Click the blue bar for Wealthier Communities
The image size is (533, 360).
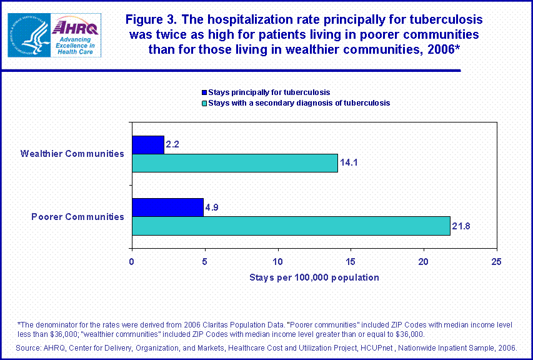147,145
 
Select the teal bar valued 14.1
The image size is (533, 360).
234,163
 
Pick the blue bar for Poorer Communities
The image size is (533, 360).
167,207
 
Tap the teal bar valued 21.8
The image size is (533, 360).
291,226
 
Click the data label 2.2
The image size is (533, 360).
173,145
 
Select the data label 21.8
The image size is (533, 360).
462,226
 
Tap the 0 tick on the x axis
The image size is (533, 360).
132,261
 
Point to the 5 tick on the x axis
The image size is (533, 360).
205,261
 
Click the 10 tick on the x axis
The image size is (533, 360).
277,261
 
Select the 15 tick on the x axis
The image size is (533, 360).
351,261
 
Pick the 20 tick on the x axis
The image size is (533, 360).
424,261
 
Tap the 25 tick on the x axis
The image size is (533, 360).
497,261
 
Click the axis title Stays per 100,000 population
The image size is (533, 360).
314,277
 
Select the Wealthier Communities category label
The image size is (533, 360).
72,154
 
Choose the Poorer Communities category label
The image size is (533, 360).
77,217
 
